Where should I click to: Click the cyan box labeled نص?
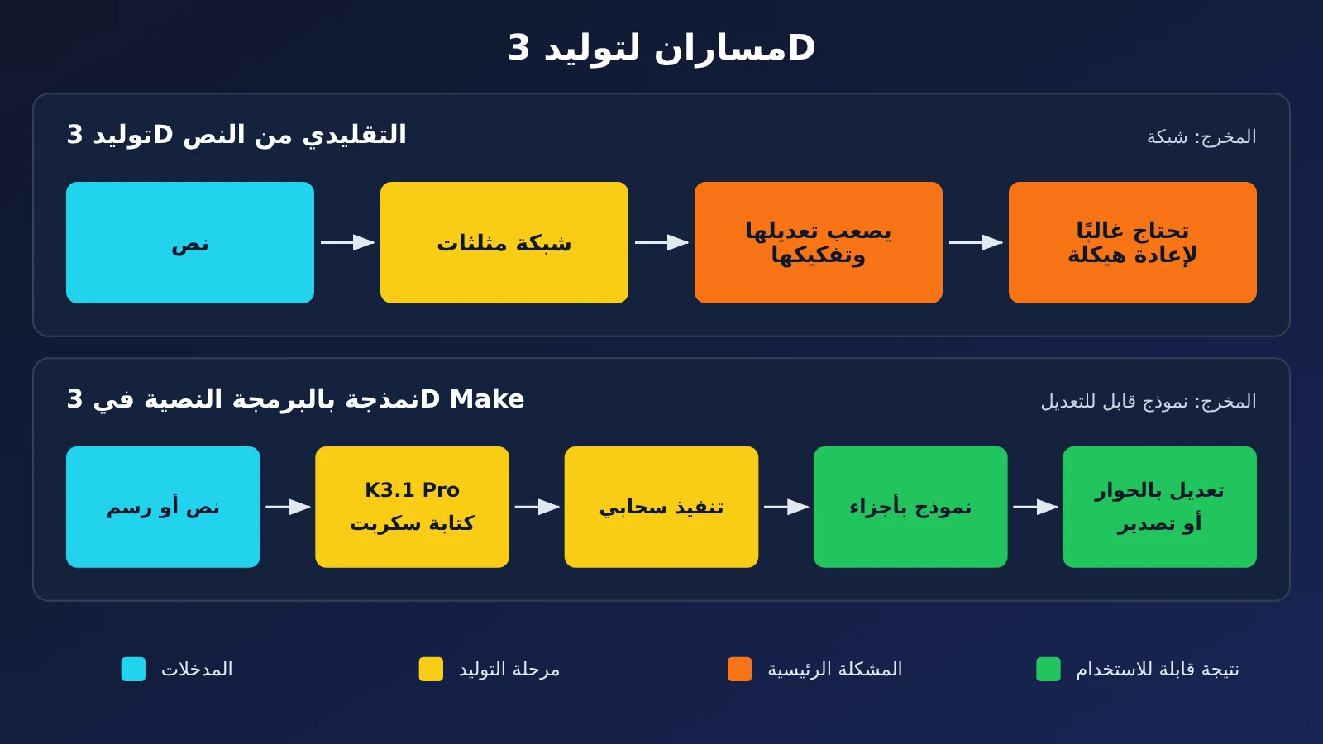[x=190, y=243]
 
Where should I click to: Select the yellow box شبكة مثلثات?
[x=504, y=243]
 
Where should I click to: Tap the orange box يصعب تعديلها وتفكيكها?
[x=819, y=243]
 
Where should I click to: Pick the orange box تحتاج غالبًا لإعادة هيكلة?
[x=1133, y=243]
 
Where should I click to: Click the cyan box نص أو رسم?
[x=163, y=508]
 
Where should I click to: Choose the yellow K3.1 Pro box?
[x=413, y=508]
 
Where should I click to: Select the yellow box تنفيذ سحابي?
[x=661, y=508]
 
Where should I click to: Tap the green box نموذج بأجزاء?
[x=910, y=508]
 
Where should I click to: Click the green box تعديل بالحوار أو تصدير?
[x=1160, y=508]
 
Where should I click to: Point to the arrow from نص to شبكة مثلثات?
[x=347, y=243]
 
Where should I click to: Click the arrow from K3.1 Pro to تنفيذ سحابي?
[x=537, y=508]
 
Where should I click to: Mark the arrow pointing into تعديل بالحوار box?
[x=1035, y=508]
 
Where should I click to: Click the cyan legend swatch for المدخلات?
[x=133, y=669]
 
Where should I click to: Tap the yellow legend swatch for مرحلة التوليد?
[x=431, y=669]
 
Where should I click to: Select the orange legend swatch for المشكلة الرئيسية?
[x=740, y=669]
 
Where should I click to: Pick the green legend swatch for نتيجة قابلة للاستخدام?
[x=1048, y=669]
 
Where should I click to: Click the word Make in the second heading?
[x=487, y=399]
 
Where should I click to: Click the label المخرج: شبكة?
[x=1202, y=137]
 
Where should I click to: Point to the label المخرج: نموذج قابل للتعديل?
[x=1149, y=402]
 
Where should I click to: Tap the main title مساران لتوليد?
[x=661, y=47]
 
